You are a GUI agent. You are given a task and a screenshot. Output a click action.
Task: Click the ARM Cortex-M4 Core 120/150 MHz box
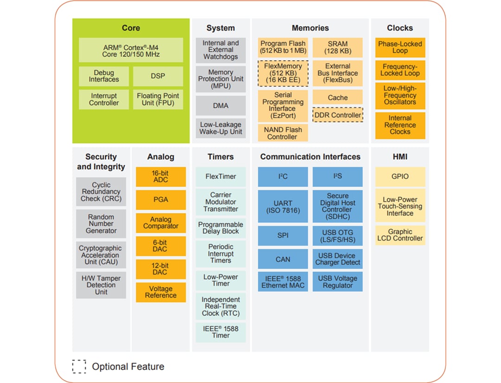[x=131, y=51]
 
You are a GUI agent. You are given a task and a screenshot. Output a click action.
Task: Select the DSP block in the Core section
[x=158, y=76]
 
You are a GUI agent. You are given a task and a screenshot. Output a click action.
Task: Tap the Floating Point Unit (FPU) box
[x=158, y=99]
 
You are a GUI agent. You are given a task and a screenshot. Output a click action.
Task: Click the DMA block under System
[x=220, y=105]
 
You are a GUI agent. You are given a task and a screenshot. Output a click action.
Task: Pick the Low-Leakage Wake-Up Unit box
[x=220, y=128]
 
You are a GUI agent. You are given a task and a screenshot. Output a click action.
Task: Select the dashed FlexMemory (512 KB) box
[x=283, y=73]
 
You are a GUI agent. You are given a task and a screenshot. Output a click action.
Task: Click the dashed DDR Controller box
[x=338, y=115]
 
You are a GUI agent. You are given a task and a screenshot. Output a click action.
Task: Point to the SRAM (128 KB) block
[x=338, y=47]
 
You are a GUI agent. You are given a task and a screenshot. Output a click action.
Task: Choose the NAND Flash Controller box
[x=283, y=133]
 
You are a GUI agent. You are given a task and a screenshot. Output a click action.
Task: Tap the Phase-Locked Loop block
[x=400, y=47]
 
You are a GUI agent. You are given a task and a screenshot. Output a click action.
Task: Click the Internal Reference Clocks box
[x=400, y=125]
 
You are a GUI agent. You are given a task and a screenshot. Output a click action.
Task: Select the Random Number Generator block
[x=101, y=224]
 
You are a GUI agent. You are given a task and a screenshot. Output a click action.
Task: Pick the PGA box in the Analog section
[x=161, y=200]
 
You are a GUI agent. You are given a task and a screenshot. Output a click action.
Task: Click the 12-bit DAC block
[x=161, y=269]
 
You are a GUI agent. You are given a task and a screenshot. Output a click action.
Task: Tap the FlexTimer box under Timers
[x=220, y=176]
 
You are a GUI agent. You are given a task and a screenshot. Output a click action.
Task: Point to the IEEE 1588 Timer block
[x=220, y=332]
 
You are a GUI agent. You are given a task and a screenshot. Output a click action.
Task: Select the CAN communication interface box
[x=283, y=259]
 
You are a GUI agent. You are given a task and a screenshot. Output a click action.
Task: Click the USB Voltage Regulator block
[x=338, y=282]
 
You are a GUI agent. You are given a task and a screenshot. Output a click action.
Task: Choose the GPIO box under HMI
[x=400, y=176]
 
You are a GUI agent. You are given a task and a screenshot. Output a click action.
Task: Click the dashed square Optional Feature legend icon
[x=79, y=366]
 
